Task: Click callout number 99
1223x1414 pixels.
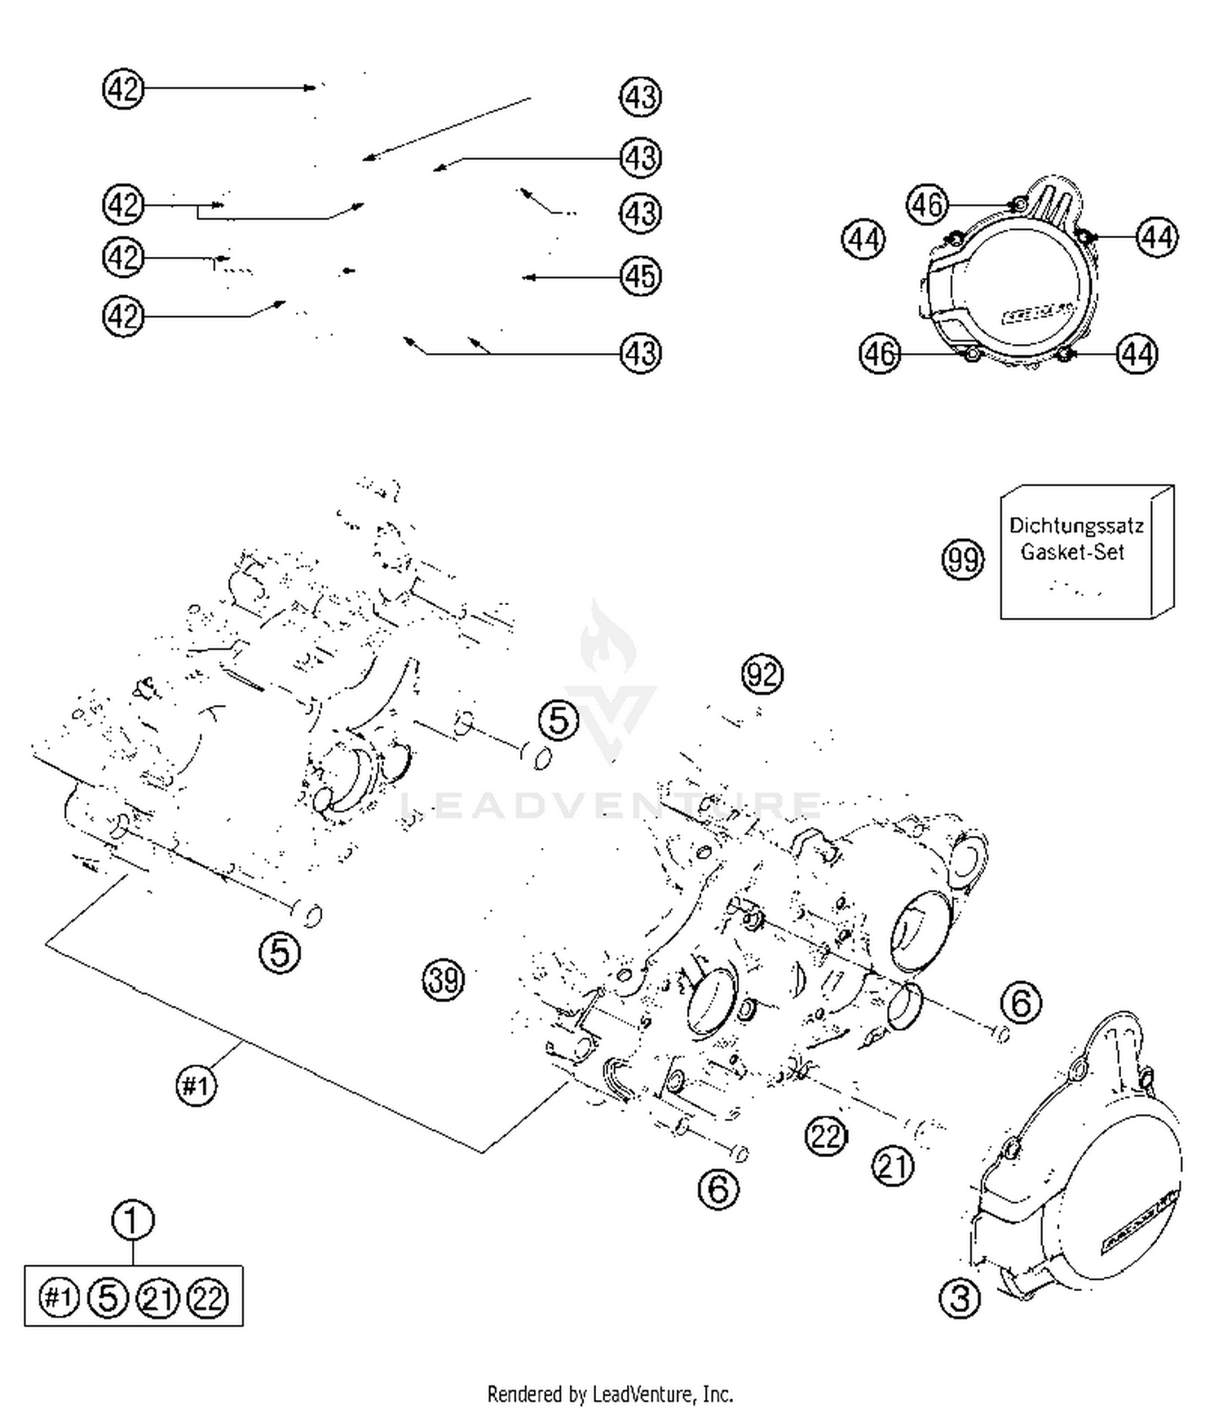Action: click(x=963, y=559)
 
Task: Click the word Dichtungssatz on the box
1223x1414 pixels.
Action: click(x=1075, y=526)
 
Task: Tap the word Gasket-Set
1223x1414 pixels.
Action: click(x=1072, y=552)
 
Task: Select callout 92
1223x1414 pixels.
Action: click(x=762, y=674)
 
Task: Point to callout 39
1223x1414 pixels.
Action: click(x=444, y=979)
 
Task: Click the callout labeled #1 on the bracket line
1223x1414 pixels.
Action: click(x=196, y=1085)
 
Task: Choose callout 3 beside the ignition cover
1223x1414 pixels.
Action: click(x=960, y=1297)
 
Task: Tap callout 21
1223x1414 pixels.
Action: click(x=893, y=1166)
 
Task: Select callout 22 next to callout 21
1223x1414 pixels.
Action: click(x=826, y=1135)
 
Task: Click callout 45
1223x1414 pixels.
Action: click(x=640, y=276)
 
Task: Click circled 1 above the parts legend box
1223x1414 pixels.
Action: click(x=132, y=1221)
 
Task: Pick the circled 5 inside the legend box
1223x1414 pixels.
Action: click(x=108, y=1297)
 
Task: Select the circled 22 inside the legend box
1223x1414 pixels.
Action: click(x=208, y=1297)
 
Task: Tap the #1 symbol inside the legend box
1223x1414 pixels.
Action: click(x=59, y=1297)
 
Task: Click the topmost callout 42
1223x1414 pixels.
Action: click(x=123, y=88)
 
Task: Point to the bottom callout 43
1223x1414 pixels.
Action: click(x=640, y=354)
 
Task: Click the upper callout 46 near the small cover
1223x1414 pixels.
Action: click(x=928, y=204)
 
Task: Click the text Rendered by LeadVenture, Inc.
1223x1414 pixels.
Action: click(x=610, y=1394)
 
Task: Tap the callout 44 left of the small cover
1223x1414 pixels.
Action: click(x=863, y=240)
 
